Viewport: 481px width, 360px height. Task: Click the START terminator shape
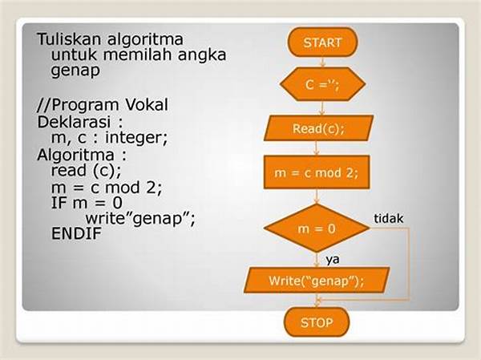[x=322, y=42]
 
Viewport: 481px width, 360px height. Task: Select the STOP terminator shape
[x=317, y=322]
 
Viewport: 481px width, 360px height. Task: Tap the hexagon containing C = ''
[x=322, y=84]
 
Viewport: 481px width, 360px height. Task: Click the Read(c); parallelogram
[x=319, y=128]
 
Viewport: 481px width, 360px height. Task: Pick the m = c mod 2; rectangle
[x=317, y=172]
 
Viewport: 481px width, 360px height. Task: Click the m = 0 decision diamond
[x=317, y=229]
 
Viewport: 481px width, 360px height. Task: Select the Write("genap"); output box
[x=317, y=280]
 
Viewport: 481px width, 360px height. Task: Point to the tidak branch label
[x=388, y=219]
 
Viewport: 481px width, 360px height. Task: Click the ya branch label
[x=333, y=260]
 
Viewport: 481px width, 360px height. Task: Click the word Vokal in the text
[x=147, y=105]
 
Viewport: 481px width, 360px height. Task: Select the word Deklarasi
[x=74, y=122]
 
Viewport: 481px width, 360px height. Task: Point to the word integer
[x=136, y=138]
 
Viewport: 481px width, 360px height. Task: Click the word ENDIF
[x=76, y=233]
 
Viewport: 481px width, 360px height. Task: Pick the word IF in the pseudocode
[x=59, y=203]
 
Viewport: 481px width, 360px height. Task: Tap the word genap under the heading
[x=75, y=71]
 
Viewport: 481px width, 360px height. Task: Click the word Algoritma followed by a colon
[x=75, y=155]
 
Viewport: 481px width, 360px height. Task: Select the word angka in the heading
[x=202, y=55]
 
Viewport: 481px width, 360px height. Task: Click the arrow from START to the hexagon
[x=322, y=62]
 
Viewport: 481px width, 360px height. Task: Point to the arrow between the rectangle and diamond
[x=317, y=196]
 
